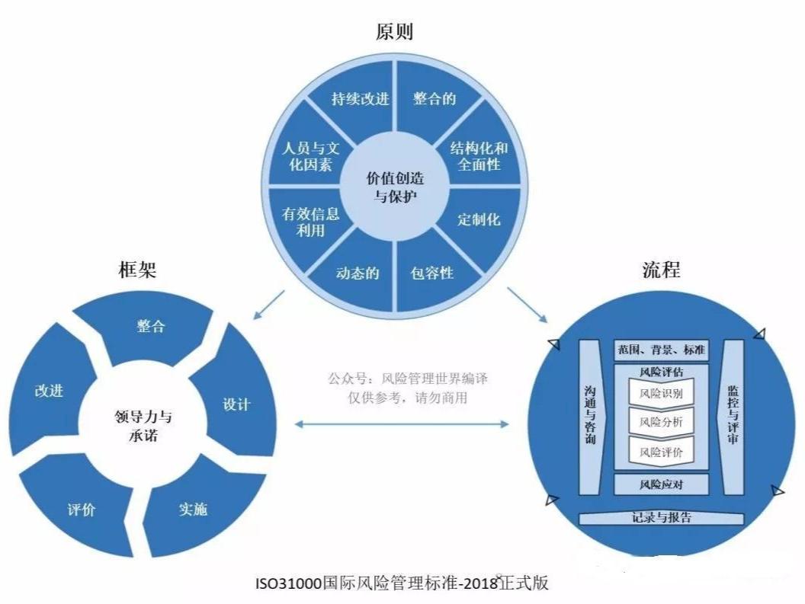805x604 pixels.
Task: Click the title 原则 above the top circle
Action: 394,32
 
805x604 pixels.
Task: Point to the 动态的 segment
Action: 357,274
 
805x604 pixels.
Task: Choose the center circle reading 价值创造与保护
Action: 395,187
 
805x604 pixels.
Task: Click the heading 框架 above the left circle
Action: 137,269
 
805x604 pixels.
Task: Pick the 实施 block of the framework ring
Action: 195,508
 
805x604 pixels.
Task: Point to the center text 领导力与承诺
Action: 143,426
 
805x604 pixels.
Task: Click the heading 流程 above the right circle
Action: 661,269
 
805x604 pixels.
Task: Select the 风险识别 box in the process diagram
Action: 661,394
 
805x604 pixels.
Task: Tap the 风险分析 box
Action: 661,422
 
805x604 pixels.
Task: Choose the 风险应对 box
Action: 661,484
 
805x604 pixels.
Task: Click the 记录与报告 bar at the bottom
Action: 661,518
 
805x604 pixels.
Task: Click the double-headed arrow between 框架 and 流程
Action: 402,424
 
